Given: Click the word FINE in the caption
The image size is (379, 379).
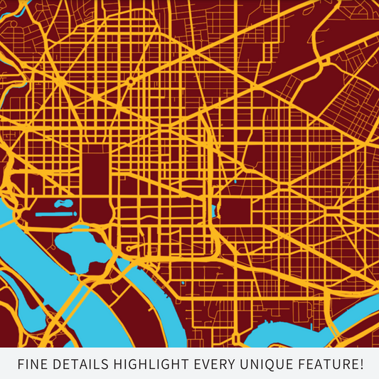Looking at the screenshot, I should tap(32, 365).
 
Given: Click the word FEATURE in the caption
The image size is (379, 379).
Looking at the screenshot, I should tap(317, 365).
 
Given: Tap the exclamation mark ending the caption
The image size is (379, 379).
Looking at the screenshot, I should tap(361, 365).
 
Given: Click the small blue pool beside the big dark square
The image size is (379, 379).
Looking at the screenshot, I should tap(214, 210).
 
